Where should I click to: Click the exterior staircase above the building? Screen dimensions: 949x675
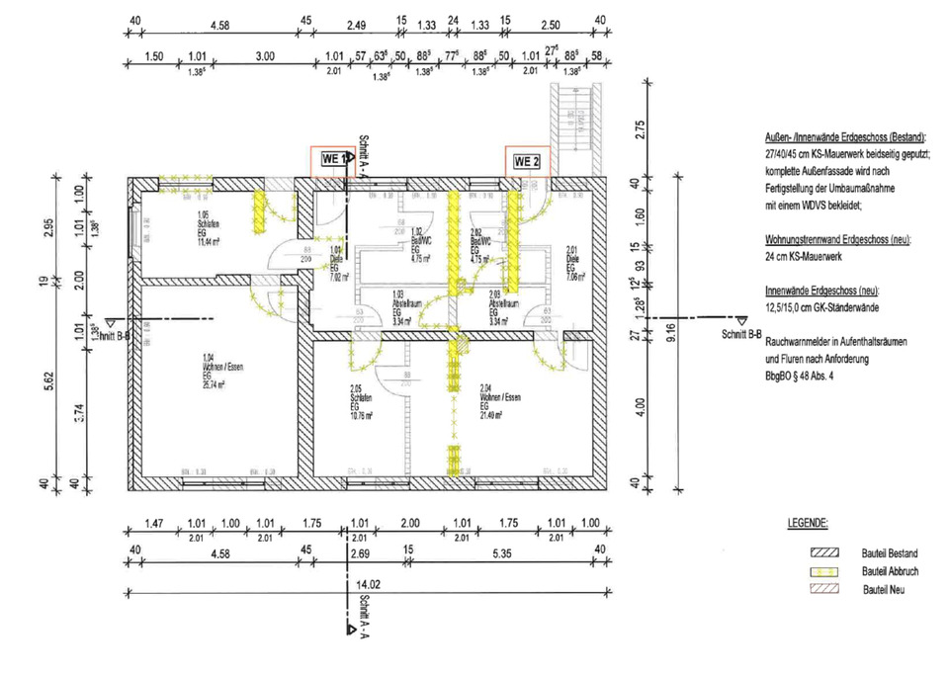coord(570,127)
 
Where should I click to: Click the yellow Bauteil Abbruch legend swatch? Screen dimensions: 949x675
coord(823,572)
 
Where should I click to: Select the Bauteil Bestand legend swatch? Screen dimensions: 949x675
coord(823,553)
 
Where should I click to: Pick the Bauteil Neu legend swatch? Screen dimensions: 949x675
coord(823,590)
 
